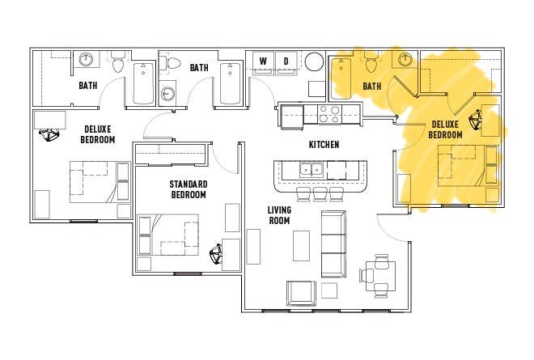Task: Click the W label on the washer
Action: tap(263, 61)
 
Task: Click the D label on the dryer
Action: tap(286, 61)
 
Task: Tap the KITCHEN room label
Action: tap(324, 145)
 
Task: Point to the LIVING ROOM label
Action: tap(279, 215)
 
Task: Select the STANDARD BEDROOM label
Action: tap(189, 189)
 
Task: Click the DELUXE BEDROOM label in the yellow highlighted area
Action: tap(446, 129)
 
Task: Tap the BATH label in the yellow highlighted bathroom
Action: tap(372, 87)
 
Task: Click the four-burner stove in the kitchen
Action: tap(329, 114)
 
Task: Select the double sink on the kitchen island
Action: tap(311, 169)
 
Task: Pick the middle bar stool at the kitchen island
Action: tap(320, 194)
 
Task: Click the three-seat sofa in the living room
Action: tap(333, 244)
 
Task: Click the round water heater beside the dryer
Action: tap(315, 62)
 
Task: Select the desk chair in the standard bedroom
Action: tap(215, 254)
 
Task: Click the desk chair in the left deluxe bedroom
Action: tap(49, 135)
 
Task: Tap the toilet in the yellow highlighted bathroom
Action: tap(371, 62)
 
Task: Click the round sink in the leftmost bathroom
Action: tap(87, 59)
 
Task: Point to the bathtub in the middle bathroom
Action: tap(231, 84)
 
